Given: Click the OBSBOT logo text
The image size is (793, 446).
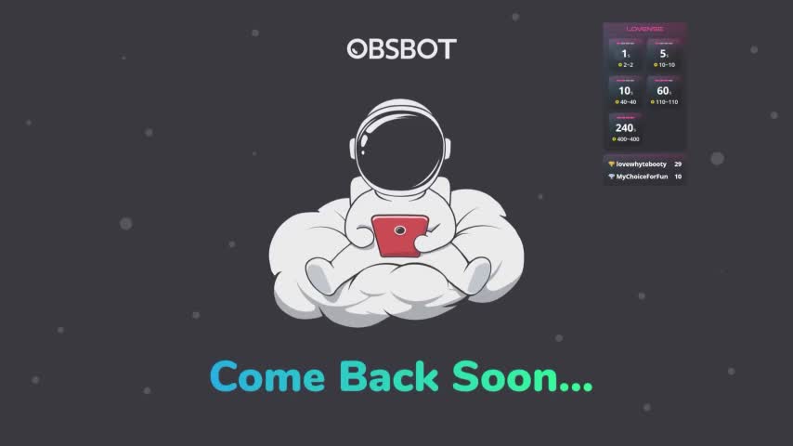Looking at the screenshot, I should point(401,48).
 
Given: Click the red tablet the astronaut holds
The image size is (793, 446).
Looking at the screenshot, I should point(400,235).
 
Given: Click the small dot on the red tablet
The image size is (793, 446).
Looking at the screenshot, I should point(400,229).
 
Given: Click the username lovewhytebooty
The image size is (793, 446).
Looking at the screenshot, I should point(642,164).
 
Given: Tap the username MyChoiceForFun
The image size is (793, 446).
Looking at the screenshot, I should point(643,176).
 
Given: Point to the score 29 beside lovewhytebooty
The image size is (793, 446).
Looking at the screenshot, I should point(678,164).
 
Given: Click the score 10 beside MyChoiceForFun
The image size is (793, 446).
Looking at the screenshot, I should point(678,176).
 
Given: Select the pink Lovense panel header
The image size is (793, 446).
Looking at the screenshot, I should point(644,29).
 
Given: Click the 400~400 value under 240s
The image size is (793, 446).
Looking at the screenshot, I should point(627,139).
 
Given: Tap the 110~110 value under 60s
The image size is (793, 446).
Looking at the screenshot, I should point(667,102).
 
